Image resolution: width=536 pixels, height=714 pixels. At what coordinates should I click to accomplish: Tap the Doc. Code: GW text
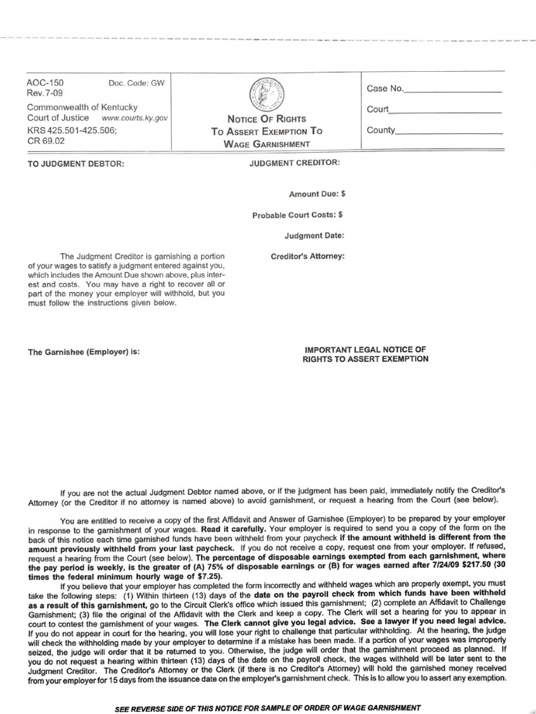[x=137, y=83]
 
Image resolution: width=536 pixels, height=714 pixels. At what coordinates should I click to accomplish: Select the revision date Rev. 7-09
[x=43, y=93]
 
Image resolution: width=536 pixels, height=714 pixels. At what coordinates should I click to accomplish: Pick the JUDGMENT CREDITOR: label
[x=294, y=162]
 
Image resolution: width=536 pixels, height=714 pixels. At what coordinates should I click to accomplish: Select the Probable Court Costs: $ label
[x=297, y=215]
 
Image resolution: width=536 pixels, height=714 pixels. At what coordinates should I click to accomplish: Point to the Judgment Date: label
[x=314, y=236]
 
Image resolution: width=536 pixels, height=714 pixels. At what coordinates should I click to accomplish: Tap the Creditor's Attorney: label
[x=307, y=257]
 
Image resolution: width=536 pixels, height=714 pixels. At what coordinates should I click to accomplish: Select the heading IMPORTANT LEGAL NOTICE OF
[x=365, y=349]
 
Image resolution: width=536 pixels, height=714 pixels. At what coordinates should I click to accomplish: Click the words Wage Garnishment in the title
[x=267, y=144]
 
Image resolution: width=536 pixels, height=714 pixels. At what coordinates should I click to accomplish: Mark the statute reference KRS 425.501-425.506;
[x=71, y=130]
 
